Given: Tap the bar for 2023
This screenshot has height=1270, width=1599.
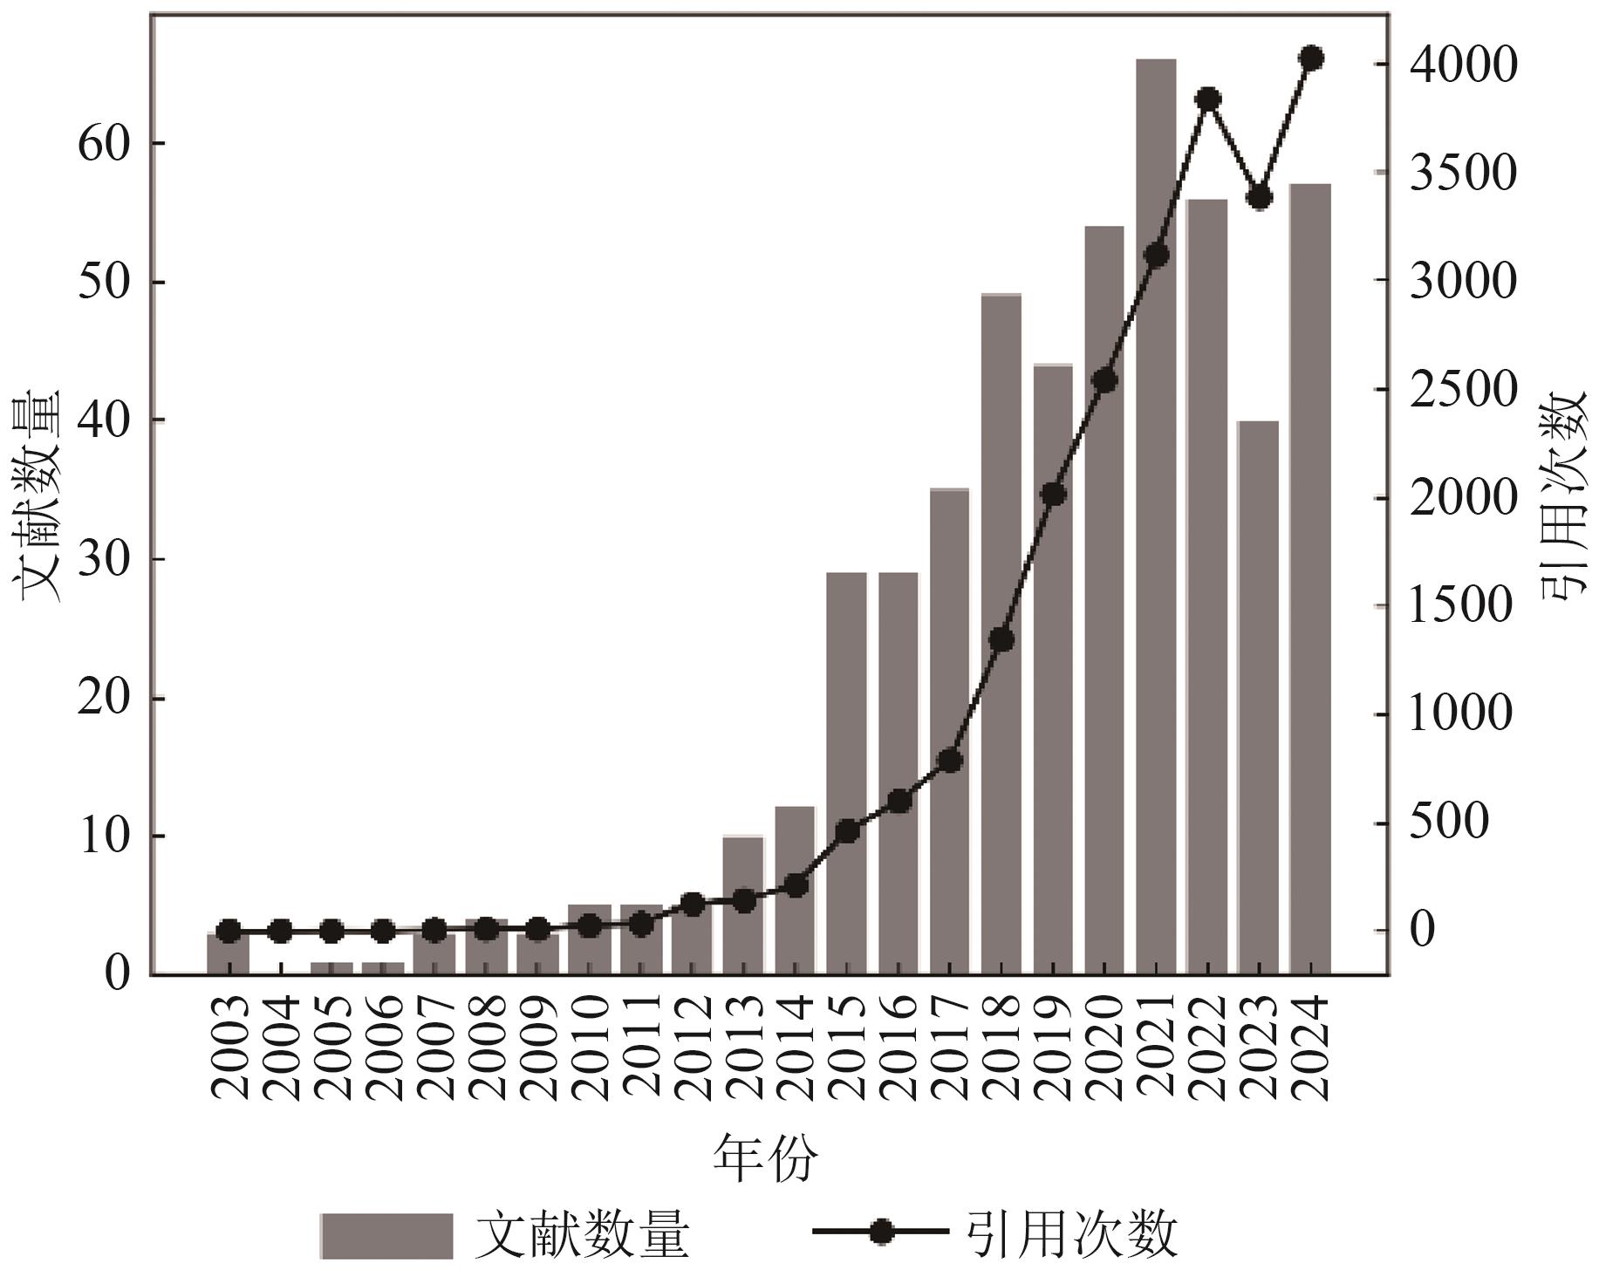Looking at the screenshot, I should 1259,697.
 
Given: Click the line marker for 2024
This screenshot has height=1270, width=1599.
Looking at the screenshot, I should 1311,58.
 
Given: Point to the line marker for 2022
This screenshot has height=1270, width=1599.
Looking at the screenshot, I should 1208,99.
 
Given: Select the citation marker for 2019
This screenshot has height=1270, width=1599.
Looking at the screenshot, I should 1053,495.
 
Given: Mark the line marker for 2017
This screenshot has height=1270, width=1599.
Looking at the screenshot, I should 950,761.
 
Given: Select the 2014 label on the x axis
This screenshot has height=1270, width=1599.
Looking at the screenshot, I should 796,1048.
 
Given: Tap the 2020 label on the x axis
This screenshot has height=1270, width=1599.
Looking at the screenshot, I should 1104,1048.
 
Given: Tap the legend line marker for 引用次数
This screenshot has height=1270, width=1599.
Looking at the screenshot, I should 881,1232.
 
